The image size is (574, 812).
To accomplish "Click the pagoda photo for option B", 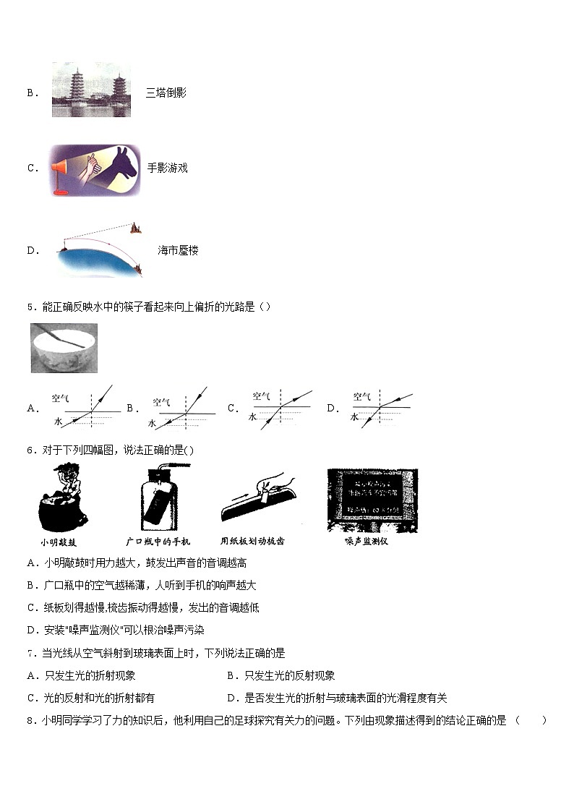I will click(91, 90).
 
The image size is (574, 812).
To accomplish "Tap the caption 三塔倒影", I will click(166, 93).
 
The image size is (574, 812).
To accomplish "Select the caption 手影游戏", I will click(167, 168).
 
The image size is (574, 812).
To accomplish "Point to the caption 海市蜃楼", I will click(178, 251).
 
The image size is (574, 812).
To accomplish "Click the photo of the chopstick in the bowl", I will click(64, 347).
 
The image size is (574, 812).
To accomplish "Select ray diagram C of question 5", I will click(280, 407).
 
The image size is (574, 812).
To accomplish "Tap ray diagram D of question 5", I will click(381, 407).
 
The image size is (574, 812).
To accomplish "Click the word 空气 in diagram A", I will click(60, 398).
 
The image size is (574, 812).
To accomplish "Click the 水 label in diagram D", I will click(355, 417).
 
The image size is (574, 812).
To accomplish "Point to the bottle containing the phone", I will click(157, 497).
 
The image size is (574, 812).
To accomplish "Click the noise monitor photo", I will click(372, 500).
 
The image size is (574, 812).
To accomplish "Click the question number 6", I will click(30, 450).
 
